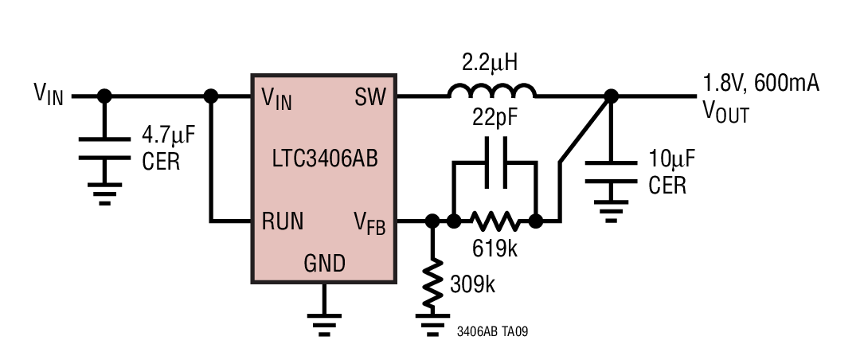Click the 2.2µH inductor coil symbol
(x=491, y=92)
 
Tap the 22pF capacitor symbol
(x=494, y=163)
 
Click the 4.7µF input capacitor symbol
(x=104, y=149)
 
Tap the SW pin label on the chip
(x=370, y=98)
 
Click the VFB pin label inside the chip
(x=369, y=223)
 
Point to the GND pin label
(x=324, y=263)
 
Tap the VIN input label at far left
(x=48, y=95)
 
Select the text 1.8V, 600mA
(x=760, y=83)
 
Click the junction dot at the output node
(x=611, y=96)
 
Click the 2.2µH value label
(x=492, y=61)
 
